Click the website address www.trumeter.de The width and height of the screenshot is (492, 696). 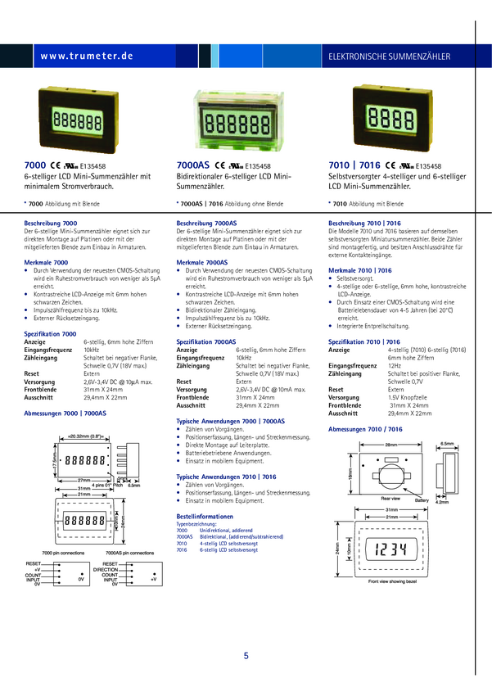(x=85, y=56)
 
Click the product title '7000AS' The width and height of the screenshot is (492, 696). (x=193, y=165)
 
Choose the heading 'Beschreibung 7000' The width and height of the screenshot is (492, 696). (x=51, y=224)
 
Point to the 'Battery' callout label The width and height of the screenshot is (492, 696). (x=422, y=499)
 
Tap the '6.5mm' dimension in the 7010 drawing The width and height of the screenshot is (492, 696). (x=447, y=443)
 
